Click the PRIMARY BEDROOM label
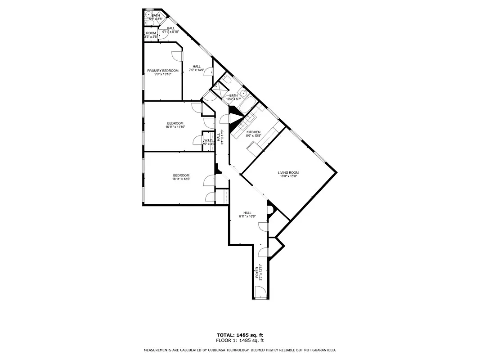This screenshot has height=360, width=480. tap(163, 71)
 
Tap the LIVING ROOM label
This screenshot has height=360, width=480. tap(288, 172)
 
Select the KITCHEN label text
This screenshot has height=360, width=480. tap(253, 132)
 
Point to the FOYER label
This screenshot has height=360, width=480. tap(257, 273)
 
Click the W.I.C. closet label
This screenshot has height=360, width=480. tap(208, 140)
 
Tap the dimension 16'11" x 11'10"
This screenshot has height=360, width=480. tap(175, 127)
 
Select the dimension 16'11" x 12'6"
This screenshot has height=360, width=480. tap(181, 179)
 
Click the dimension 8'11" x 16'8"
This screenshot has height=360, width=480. tap(247, 216)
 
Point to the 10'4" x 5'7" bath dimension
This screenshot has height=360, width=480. tap(233, 99)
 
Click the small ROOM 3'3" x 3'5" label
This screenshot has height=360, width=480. tap(151, 35)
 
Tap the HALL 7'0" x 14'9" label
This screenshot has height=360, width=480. tap(197, 68)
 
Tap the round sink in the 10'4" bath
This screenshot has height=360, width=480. tap(243, 94)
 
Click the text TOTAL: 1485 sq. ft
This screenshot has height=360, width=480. tap(240, 335)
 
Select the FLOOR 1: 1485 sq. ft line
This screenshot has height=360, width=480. tap(240, 340)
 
